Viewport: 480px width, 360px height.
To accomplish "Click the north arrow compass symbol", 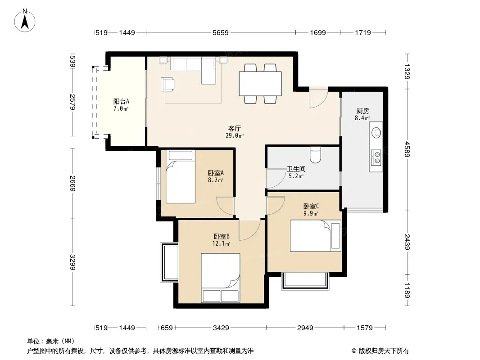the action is [25, 21].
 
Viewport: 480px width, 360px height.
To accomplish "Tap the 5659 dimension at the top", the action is [220, 33].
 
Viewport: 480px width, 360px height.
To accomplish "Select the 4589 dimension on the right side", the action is [407, 149].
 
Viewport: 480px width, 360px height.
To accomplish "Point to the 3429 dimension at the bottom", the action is [221, 328].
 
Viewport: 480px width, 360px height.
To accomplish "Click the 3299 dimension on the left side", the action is [72, 262].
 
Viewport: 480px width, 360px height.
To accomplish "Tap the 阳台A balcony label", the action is [121, 101].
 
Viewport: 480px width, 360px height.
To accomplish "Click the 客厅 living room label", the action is [235, 128].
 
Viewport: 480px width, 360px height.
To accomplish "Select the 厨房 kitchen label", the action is [363, 111].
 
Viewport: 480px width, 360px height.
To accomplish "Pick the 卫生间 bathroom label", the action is [296, 169].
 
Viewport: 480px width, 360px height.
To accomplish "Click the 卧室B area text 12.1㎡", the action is [221, 244].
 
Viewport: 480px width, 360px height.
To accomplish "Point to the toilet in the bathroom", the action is [315, 155].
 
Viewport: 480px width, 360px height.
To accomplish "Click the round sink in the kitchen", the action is [376, 133].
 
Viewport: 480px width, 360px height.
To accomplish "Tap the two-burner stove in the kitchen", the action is [376, 157].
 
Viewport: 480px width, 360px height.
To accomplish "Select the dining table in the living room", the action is [260, 84].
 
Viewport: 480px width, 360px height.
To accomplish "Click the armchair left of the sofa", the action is [168, 84].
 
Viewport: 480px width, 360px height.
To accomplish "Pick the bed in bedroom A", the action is [181, 176].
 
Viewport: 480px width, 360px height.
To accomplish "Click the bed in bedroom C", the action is [316, 236].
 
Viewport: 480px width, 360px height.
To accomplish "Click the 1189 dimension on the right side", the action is [407, 290].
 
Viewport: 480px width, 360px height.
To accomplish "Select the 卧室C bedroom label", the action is [311, 207].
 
